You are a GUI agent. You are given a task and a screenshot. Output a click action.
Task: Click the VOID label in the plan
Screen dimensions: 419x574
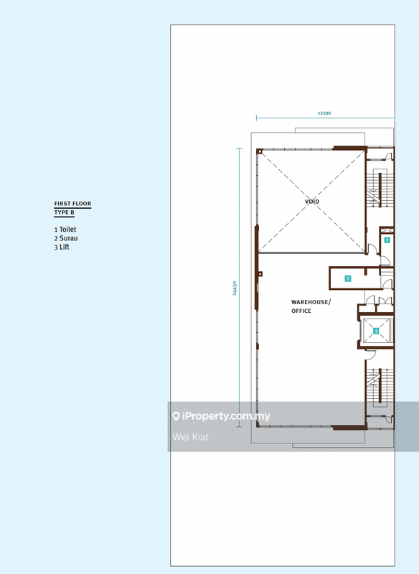pyautogui.click(x=312, y=202)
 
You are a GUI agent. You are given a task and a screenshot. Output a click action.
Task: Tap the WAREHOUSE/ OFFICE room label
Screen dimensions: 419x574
pyautogui.click(x=311, y=306)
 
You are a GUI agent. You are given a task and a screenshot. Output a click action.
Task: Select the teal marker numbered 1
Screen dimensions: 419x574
pyautogui.click(x=387, y=240)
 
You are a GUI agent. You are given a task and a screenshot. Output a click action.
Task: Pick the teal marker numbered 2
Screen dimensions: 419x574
pyautogui.click(x=348, y=278)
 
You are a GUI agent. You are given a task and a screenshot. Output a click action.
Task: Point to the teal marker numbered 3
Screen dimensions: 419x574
pyautogui.click(x=376, y=331)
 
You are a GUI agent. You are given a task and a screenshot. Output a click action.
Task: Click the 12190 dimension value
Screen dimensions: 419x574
pyautogui.click(x=324, y=113)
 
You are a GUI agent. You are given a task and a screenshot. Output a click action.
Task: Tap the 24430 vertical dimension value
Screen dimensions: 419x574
pyautogui.click(x=235, y=288)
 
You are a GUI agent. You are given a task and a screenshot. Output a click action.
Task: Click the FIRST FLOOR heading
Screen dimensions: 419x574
pyautogui.click(x=72, y=204)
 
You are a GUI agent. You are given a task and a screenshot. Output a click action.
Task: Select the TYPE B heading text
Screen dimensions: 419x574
pyautogui.click(x=65, y=212)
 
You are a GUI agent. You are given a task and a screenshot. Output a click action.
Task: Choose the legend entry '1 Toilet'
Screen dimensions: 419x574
pyautogui.click(x=65, y=230)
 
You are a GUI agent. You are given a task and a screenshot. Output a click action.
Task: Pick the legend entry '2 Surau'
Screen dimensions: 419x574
pyautogui.click(x=66, y=238)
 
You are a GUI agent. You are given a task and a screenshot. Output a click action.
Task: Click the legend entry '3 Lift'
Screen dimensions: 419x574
pyautogui.click(x=62, y=247)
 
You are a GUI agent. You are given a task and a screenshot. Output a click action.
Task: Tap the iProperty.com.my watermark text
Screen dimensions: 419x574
pyautogui.click(x=226, y=416)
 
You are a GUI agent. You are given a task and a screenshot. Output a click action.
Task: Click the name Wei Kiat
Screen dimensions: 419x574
pyautogui.click(x=190, y=437)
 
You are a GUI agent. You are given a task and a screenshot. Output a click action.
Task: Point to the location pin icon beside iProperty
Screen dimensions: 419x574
pyautogui.click(x=176, y=416)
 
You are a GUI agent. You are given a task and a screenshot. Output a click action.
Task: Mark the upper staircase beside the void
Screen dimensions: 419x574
pyautogui.click(x=380, y=189)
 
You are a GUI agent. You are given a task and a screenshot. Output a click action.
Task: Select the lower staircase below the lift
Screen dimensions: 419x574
pyautogui.click(x=380, y=387)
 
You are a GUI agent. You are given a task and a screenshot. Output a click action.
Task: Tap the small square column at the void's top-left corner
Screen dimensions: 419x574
pyautogui.click(x=260, y=151)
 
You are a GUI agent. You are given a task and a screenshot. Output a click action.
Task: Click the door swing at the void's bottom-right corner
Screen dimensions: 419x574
pyautogui.click(x=372, y=249)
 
